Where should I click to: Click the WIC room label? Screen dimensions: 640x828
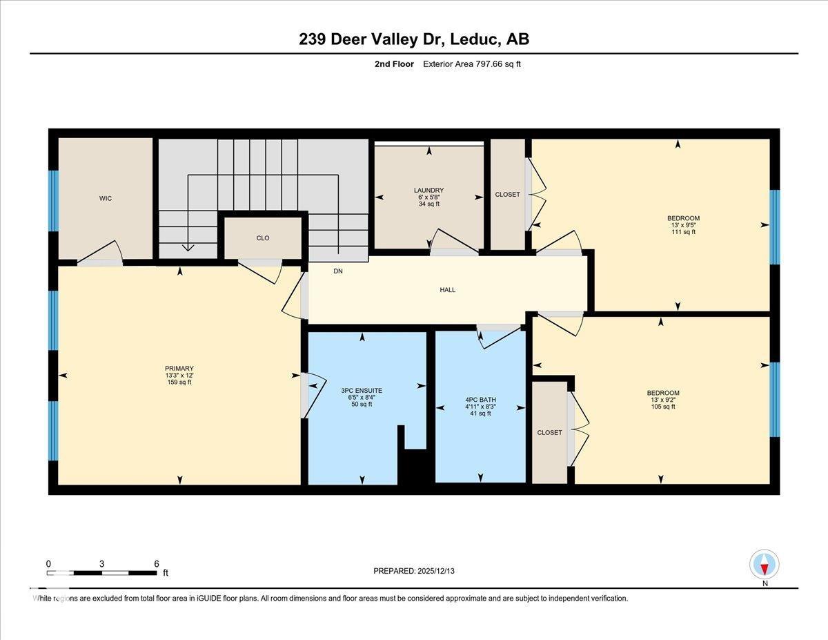pyautogui.click(x=105, y=199)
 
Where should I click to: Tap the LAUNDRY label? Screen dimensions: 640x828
pyautogui.click(x=428, y=191)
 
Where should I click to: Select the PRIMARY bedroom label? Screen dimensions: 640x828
pyautogui.click(x=179, y=369)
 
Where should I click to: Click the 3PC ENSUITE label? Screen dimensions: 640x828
pyautogui.click(x=361, y=391)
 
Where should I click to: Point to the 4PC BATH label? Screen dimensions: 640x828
pyautogui.click(x=480, y=400)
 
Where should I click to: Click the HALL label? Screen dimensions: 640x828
pyautogui.click(x=447, y=290)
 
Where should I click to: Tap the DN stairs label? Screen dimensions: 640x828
pyautogui.click(x=338, y=271)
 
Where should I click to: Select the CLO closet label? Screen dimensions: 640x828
pyautogui.click(x=262, y=238)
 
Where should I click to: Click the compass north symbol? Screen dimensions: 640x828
pyautogui.click(x=764, y=565)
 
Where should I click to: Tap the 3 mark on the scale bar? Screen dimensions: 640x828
pyautogui.click(x=101, y=563)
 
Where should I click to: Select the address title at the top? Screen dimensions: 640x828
pyautogui.click(x=414, y=39)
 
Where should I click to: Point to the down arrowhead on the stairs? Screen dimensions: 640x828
pyautogui.click(x=188, y=246)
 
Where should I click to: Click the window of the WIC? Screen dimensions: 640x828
pyautogui.click(x=53, y=200)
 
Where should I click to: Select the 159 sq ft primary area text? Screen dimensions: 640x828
pyautogui.click(x=179, y=382)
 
